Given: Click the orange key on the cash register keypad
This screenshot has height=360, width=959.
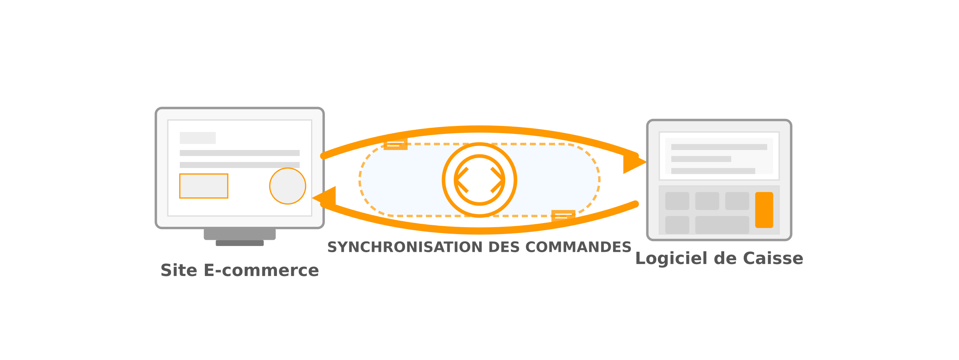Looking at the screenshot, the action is (x=764, y=210).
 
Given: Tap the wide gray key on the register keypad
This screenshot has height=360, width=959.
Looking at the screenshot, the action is (x=722, y=225).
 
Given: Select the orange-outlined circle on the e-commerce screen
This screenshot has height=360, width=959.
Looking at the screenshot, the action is (x=288, y=186).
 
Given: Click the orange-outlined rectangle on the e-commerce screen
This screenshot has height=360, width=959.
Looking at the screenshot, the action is (x=204, y=186).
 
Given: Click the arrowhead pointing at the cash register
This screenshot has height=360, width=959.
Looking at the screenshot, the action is (x=635, y=162).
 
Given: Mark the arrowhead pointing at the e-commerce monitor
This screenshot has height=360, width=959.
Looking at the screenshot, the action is (x=324, y=198).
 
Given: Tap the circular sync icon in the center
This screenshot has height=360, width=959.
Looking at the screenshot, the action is (x=479, y=180).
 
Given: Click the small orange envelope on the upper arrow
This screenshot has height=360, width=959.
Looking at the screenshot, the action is (x=395, y=144).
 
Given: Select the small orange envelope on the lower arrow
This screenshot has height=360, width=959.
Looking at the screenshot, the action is (x=563, y=216).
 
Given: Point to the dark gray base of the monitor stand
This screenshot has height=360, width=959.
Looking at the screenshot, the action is (x=240, y=243).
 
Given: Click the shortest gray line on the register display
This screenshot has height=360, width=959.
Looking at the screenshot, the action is (x=701, y=159).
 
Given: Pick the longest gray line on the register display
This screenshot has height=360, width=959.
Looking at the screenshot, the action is (x=719, y=147).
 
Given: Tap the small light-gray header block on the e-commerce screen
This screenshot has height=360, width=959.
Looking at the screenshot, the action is (x=198, y=138).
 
